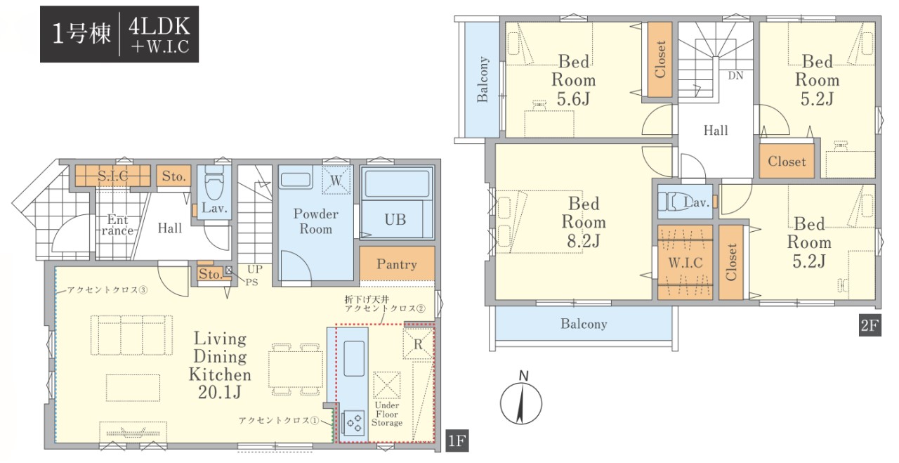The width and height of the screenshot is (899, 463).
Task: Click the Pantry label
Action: pyautogui.click(x=397, y=265)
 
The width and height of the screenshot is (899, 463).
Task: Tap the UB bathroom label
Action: pyautogui.click(x=395, y=220)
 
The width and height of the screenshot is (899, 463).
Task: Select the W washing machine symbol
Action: pyautogui.click(x=336, y=180)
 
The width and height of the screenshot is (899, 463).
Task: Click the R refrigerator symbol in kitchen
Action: pyautogui.click(x=418, y=344)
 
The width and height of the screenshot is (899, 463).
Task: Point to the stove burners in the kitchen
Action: pyautogui.click(x=353, y=423)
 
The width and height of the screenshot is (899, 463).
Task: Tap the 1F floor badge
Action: pyautogui.click(x=457, y=441)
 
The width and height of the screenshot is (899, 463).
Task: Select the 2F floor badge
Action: pyautogui.click(x=870, y=325)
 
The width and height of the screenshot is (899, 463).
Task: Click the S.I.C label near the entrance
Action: pyautogui.click(x=113, y=176)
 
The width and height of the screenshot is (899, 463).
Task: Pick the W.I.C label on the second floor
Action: pyautogui.click(x=685, y=263)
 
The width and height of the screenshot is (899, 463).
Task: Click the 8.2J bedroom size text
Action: pyautogui.click(x=584, y=241)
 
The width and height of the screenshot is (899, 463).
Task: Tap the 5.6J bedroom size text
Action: pyautogui.click(x=574, y=99)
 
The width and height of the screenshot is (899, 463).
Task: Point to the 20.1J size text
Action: pyautogui.click(x=220, y=392)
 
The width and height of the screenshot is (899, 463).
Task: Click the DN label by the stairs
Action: pyautogui.click(x=735, y=75)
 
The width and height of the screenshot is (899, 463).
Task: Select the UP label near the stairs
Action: pyautogui.click(x=255, y=268)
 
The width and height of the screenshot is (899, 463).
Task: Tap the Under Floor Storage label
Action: pyautogui.click(x=387, y=414)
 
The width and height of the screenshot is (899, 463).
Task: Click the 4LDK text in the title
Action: pyautogui.click(x=159, y=27)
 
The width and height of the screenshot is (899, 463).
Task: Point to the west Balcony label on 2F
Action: pyautogui.click(x=483, y=79)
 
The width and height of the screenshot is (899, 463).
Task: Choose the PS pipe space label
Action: pyautogui.click(x=251, y=282)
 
